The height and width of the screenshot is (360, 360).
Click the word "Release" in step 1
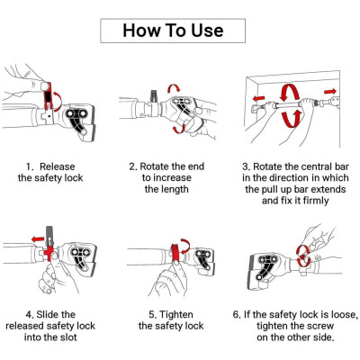coord(58,166)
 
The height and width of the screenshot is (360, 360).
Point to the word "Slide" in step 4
coord(48,314)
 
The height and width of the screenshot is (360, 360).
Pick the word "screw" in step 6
coord(319,326)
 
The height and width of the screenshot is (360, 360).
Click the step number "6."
coord(237,315)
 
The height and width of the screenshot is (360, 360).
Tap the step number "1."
coord(30,166)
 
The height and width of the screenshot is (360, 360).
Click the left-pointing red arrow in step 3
coord(258,98)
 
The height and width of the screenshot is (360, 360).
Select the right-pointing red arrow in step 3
coord(330,91)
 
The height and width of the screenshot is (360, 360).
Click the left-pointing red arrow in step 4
coord(38,239)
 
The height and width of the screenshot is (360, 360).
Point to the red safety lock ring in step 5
coord(175,252)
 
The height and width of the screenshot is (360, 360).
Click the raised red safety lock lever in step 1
coord(48,95)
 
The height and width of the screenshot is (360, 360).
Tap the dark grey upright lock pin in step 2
coord(154,96)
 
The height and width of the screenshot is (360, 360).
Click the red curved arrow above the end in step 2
coord(174,87)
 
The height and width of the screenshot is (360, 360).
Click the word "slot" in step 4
coord(68,337)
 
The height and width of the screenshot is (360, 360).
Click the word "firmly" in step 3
coord(316,201)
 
